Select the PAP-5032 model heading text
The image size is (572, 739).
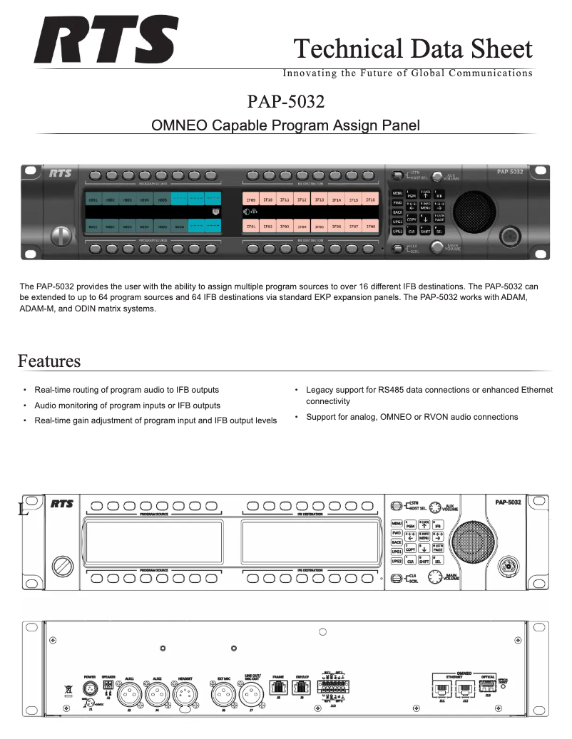[x=286, y=101]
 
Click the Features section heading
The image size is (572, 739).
[x=49, y=361]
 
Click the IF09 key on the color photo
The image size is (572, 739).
[x=250, y=200]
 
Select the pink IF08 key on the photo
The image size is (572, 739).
[x=370, y=226]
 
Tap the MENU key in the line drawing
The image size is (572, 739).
[x=397, y=524]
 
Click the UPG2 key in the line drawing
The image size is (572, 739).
[x=397, y=561]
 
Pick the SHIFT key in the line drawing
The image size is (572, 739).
[x=424, y=561]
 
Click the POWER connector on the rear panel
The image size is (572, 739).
[x=90, y=689]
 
